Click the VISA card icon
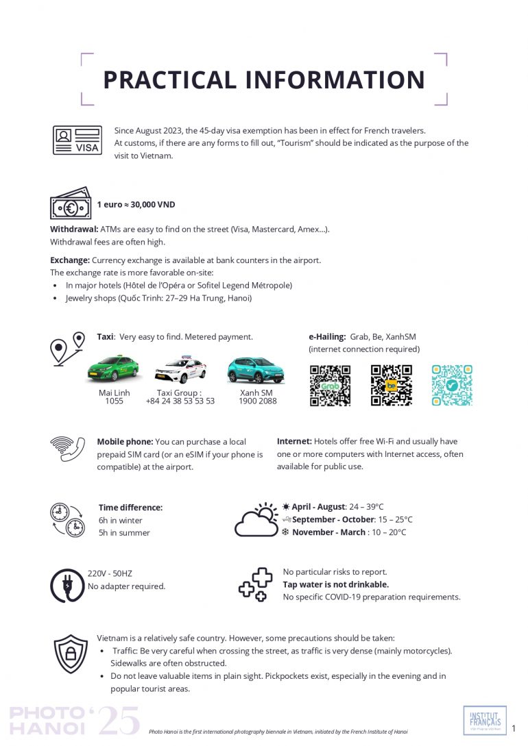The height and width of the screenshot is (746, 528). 77,140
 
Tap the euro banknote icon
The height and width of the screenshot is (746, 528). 70,203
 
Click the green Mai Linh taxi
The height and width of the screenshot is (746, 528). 113,369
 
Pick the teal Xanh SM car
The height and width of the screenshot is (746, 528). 255,370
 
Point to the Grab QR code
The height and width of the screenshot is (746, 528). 330,385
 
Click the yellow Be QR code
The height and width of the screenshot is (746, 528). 392,385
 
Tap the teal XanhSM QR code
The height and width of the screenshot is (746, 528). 452,385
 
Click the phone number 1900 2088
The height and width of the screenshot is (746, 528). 259,401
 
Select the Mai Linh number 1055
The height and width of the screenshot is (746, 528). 114,401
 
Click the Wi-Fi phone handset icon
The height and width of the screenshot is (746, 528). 67,449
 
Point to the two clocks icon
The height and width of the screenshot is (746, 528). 67,519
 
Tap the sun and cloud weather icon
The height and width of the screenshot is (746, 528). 256,520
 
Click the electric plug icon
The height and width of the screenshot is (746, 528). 67,585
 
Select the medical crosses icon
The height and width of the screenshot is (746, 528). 255,584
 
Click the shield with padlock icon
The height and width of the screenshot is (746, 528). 71,654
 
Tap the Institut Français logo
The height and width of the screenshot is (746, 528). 485,720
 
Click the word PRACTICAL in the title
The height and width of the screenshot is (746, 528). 167,80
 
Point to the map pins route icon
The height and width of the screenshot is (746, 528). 68,348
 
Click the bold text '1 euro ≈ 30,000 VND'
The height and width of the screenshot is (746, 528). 136,204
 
